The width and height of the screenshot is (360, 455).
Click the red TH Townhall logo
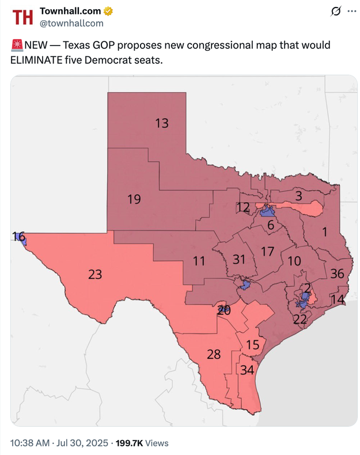pos(23,17)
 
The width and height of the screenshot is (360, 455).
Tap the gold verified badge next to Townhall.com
pos(108,12)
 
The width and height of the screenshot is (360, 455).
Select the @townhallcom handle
pos(71,23)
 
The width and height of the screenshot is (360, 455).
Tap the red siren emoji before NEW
pos(17,45)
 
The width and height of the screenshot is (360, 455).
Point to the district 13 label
pos(162,123)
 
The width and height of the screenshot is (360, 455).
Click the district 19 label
pos(134,199)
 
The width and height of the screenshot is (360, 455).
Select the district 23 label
pos(95,274)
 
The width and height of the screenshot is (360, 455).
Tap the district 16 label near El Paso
pos(18,236)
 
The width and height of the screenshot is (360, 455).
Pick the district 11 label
pos(199,261)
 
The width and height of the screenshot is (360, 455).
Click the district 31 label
pos(239,259)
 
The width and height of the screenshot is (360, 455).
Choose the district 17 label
pos(267,251)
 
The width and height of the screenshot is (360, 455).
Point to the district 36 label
pos(337,274)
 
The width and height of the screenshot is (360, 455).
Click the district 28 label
pos(214,354)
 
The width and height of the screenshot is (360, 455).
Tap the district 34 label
pos(247,369)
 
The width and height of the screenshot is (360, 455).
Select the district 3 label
pos(298,196)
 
